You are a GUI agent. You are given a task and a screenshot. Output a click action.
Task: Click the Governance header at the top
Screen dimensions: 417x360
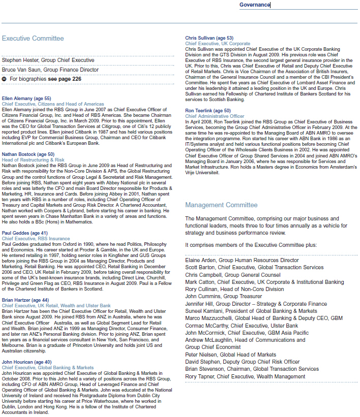click(x=255, y=5)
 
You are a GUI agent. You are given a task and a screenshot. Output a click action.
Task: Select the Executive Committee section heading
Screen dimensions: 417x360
click(x=33, y=39)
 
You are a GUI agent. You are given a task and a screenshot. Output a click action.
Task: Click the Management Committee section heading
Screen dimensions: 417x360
click(x=221, y=205)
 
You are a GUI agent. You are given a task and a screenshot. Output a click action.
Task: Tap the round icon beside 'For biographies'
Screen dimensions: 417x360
click(x=5, y=79)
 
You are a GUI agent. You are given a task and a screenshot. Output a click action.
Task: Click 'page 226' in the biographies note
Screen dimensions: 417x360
click(x=70, y=79)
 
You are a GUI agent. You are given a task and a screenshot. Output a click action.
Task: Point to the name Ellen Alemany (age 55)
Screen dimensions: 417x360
click(x=26, y=99)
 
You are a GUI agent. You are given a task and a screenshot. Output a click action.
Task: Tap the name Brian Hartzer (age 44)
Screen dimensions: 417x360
click(x=25, y=301)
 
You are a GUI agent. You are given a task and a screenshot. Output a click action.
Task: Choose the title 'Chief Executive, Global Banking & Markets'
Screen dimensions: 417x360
click(x=48, y=368)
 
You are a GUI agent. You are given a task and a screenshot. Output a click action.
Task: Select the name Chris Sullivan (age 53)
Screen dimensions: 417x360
click(x=209, y=39)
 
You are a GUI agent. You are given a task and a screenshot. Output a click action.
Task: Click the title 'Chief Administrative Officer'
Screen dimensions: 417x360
click(x=215, y=116)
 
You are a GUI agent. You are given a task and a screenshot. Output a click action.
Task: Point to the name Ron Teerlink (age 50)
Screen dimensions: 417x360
click(x=208, y=111)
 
